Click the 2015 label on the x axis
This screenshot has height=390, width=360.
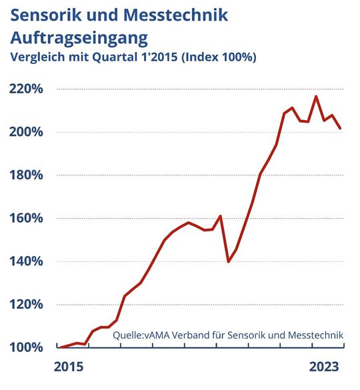click(x=69, y=367)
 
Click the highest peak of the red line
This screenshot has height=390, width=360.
click(x=315, y=97)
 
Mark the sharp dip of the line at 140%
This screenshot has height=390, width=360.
click(x=229, y=261)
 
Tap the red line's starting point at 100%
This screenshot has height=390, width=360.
click(x=60, y=347)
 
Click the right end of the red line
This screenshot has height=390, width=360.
click(x=341, y=128)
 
